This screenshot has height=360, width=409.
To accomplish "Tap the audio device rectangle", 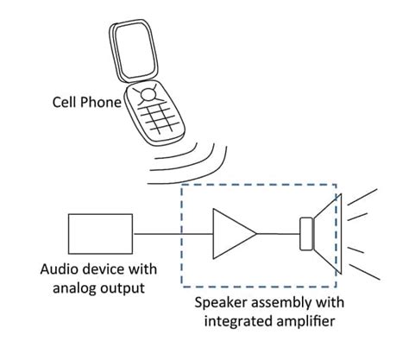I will (x=100, y=233).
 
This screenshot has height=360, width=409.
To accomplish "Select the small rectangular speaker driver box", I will (x=305, y=233).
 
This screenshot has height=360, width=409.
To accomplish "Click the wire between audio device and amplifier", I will (x=173, y=233).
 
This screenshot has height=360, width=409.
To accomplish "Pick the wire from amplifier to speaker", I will (x=277, y=233).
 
